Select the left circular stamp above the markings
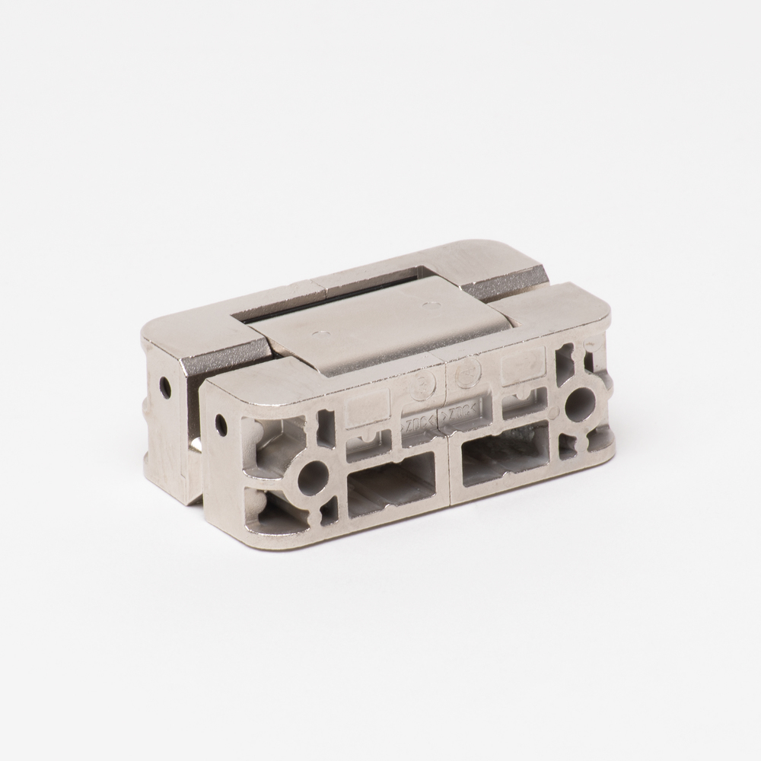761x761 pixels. (420, 385)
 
